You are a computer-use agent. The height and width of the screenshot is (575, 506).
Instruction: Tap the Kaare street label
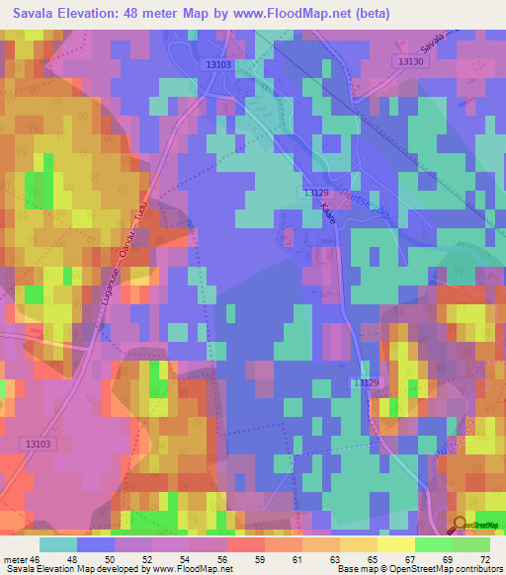point(329,216)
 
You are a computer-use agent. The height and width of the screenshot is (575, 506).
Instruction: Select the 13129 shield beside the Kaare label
point(315,193)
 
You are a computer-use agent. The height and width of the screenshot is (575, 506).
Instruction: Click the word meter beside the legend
point(13,559)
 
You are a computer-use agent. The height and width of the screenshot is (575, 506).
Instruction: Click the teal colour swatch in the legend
point(57,544)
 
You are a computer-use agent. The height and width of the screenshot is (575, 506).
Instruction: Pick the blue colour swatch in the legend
point(95,544)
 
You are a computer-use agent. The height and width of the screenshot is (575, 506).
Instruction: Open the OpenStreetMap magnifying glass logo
point(460,525)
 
